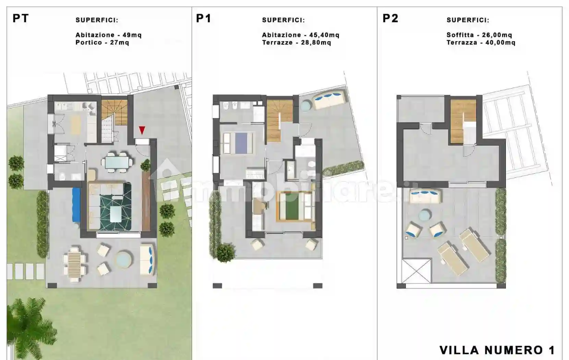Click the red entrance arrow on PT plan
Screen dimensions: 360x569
tap(142, 130)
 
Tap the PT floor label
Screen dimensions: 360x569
tap(21, 18)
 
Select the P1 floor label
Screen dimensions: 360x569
tap(204, 18)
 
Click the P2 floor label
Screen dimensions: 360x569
tap(390, 18)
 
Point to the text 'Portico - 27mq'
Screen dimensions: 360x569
tap(102, 43)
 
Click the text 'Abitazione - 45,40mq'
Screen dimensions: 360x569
tap(301, 35)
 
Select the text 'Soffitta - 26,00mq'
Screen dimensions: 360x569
tap(479, 35)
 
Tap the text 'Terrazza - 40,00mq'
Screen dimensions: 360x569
tap(481, 43)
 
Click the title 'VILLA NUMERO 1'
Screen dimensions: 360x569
tap(497, 350)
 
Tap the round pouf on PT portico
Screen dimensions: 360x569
tap(124, 260)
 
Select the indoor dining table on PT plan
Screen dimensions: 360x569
tap(117, 162)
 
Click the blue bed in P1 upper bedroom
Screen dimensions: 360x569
tap(241, 143)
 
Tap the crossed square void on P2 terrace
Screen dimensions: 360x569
tap(416, 271)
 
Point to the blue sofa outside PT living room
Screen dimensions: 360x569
tap(76, 204)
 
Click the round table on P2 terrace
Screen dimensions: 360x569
tap(425, 215)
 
